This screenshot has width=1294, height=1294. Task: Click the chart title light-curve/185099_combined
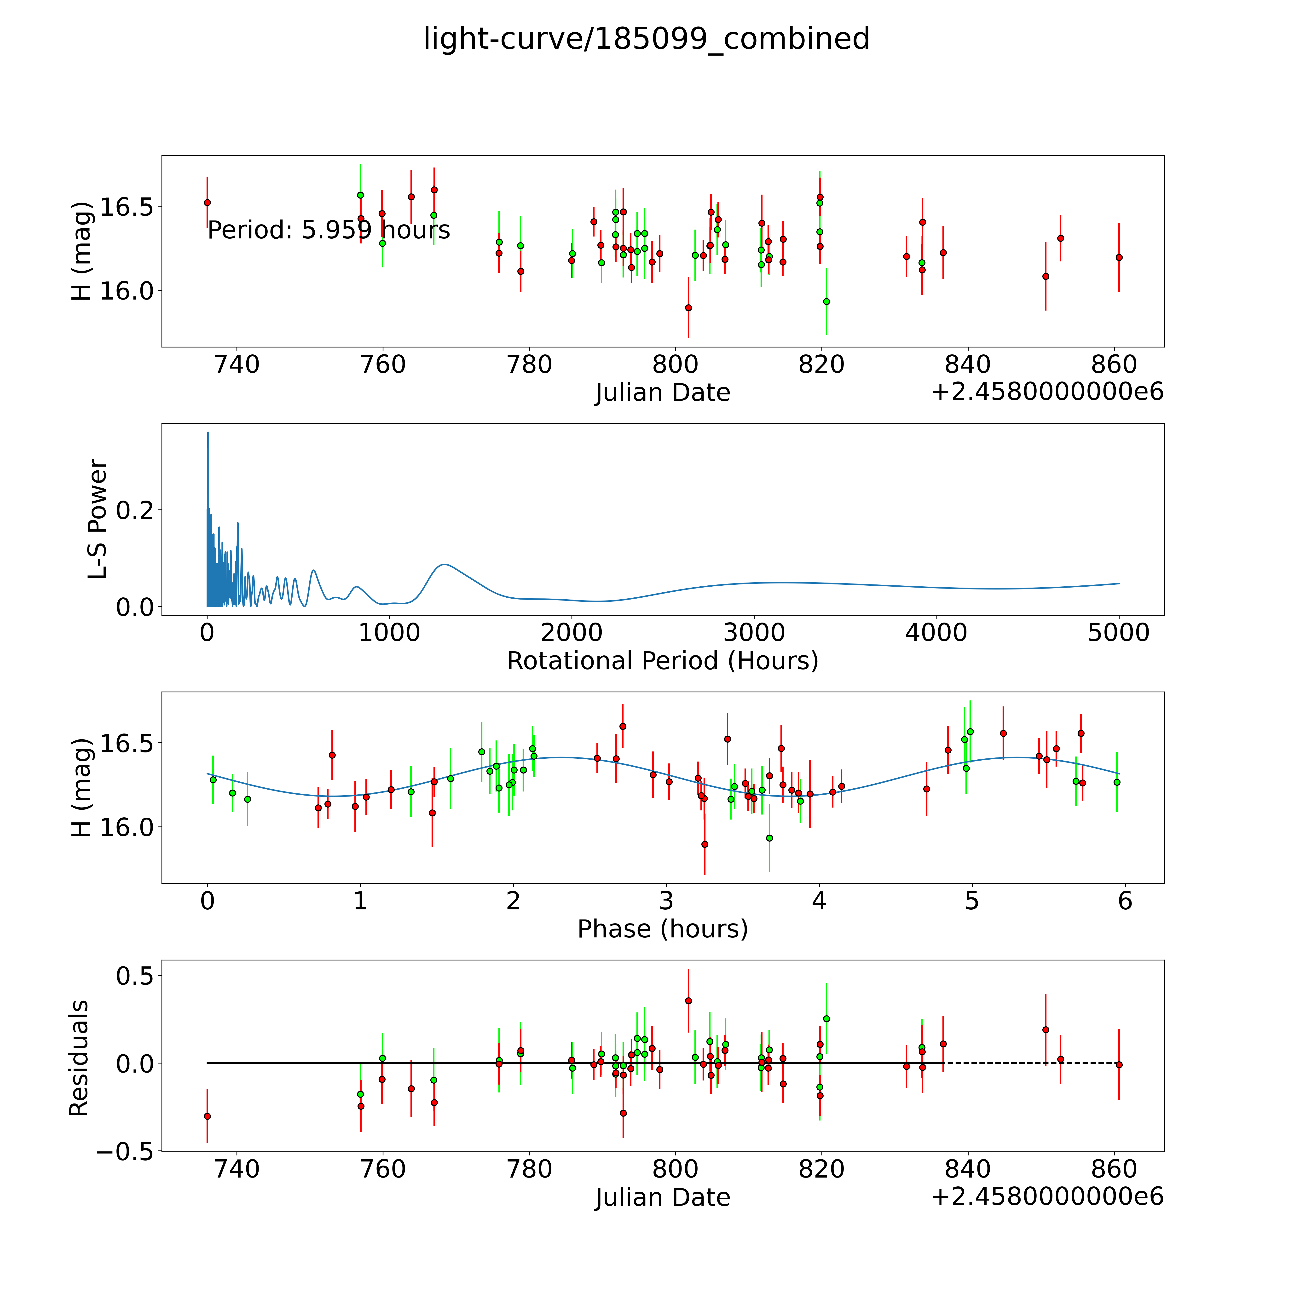coord(646,39)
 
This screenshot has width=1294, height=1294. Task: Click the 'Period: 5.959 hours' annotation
coord(328,230)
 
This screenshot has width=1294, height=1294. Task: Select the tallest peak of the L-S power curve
coord(208,433)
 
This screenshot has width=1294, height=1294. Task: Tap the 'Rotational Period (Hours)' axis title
coord(662,661)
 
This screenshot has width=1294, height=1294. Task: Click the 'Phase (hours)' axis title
coord(662,929)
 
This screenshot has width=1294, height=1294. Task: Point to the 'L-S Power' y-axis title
coord(98,519)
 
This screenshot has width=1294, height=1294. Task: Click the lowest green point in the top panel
coord(826,301)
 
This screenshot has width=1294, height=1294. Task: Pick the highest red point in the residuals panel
coord(688,1001)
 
